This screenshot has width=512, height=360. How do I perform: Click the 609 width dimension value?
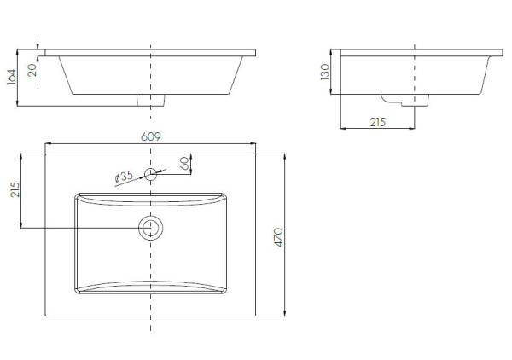click(x=150, y=136)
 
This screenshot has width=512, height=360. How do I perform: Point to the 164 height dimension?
click(x=11, y=78)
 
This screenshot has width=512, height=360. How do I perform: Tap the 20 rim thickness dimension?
click(x=32, y=71)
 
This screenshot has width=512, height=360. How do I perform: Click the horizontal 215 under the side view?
click(x=378, y=122)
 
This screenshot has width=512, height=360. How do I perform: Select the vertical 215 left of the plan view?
click(x=14, y=189)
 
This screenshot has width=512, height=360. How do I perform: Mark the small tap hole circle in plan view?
click(x=151, y=175)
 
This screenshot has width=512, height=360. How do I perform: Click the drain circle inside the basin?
click(x=151, y=228)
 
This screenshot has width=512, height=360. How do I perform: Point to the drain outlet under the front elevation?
click(x=151, y=101)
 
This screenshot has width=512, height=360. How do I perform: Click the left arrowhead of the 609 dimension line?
click(x=47, y=143)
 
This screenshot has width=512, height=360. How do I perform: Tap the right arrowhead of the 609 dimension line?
click(x=257, y=143)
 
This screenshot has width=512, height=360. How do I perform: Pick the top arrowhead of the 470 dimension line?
click(x=284, y=156)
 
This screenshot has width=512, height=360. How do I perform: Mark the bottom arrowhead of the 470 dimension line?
click(x=284, y=314)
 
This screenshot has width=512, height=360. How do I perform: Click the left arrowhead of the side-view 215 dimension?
click(x=342, y=129)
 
